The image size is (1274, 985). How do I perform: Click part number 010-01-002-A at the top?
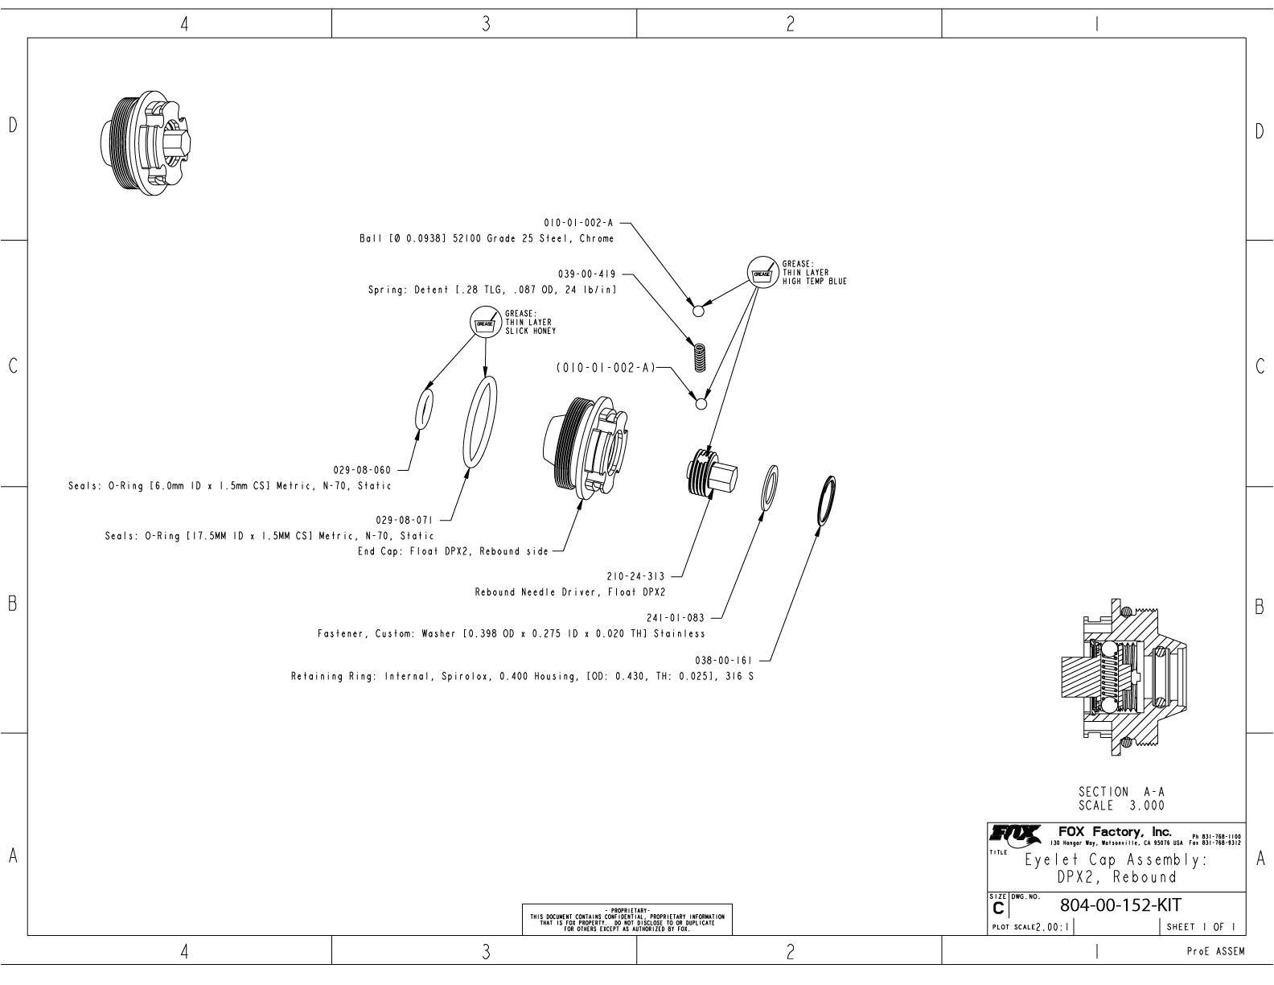pos(578,224)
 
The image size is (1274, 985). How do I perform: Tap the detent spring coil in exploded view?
pos(700,357)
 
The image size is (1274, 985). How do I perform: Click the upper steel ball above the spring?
pos(698,311)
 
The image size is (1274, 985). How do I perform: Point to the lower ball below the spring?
pos(701,403)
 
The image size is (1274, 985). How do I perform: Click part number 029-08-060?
pos(362,471)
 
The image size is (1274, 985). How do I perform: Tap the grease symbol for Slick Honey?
pos(484,322)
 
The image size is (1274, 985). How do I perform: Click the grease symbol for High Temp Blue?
pos(762,272)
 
